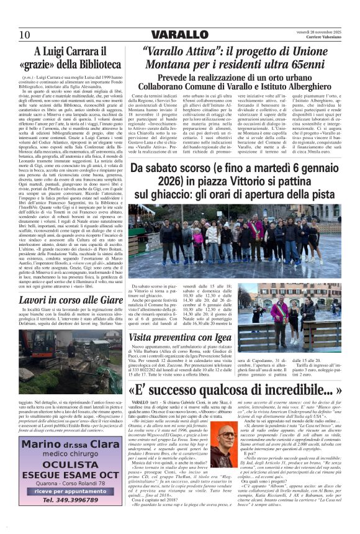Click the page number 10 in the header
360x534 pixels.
25,34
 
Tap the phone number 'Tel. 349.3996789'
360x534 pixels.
71,500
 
